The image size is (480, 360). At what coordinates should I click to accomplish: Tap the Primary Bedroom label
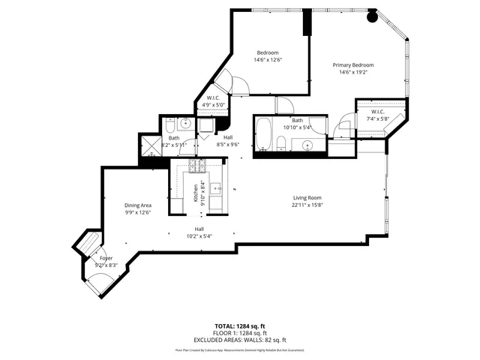[352, 65]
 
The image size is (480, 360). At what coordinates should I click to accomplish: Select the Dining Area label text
[138, 205]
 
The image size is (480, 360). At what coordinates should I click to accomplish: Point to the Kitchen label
[196, 193]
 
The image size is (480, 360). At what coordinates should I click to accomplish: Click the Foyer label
[106, 258]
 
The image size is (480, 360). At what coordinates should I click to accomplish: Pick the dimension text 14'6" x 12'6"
[268, 59]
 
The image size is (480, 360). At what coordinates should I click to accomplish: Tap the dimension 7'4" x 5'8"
[378, 118]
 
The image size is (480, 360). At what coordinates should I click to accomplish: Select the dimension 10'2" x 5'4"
[199, 236]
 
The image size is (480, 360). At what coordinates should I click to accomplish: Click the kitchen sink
[217, 187]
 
